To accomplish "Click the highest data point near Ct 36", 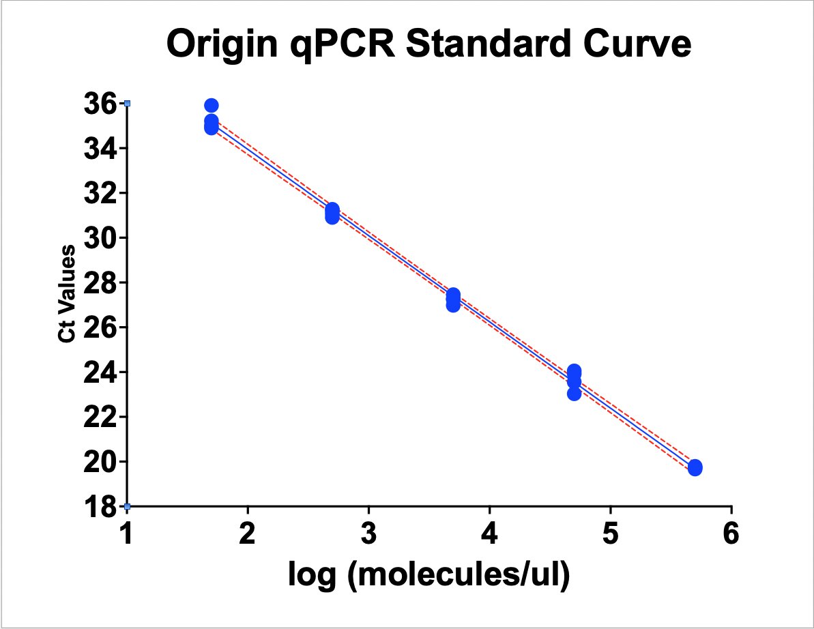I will click(x=212, y=105).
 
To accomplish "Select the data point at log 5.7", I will click(x=695, y=467).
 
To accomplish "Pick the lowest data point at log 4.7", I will click(x=574, y=394).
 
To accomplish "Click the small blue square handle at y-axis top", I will click(x=127, y=103).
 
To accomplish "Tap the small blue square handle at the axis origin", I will click(x=127, y=506).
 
